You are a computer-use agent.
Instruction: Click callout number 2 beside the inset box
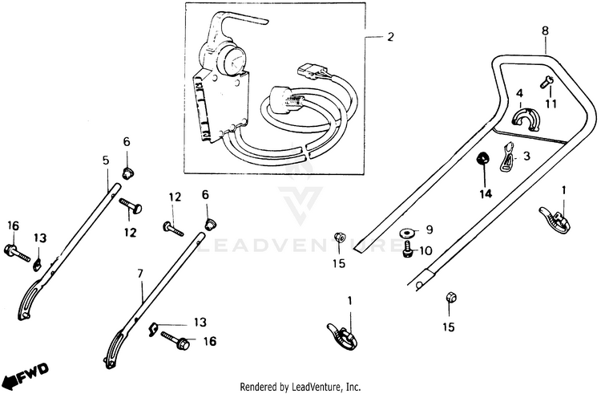(391, 37)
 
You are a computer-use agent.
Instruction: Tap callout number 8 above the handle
(545, 30)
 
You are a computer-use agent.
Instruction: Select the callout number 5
(106, 160)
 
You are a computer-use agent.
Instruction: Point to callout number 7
(140, 274)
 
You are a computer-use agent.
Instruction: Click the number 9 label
(429, 229)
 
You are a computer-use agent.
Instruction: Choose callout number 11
(551, 104)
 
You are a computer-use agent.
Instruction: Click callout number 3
(526, 156)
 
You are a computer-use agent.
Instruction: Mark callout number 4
(519, 94)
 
